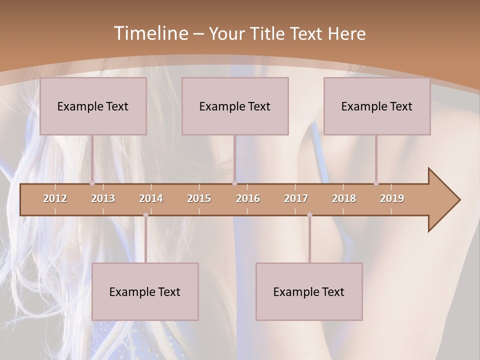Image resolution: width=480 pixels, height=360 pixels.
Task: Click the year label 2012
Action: point(55,198)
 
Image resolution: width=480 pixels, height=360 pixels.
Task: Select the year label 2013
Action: point(103,198)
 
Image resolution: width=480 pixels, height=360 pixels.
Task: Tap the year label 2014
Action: point(151,198)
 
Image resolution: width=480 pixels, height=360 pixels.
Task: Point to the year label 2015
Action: point(199,198)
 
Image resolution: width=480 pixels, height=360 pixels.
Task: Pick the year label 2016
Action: point(248,198)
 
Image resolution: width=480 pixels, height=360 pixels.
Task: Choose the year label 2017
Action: point(296,198)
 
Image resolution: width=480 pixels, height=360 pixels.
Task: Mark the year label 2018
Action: point(344,198)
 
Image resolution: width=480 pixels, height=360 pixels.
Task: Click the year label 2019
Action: point(392,198)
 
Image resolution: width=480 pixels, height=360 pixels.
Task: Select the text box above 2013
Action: point(93,106)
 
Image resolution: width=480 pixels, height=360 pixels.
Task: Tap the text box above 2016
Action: point(235,106)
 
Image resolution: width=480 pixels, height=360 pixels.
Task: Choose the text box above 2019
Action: point(377,106)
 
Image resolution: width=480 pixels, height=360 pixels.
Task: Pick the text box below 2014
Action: point(145,292)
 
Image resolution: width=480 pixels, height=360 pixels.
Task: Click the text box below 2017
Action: point(309,292)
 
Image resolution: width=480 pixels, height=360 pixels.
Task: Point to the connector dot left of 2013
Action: point(92,183)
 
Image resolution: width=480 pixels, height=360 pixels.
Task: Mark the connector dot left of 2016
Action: point(234,183)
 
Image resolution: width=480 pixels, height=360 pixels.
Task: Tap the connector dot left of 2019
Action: point(376,183)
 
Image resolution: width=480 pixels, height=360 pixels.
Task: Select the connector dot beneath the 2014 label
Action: point(145,215)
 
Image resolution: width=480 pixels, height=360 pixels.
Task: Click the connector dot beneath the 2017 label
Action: point(309,215)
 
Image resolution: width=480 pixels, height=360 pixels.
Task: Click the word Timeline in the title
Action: point(150,33)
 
